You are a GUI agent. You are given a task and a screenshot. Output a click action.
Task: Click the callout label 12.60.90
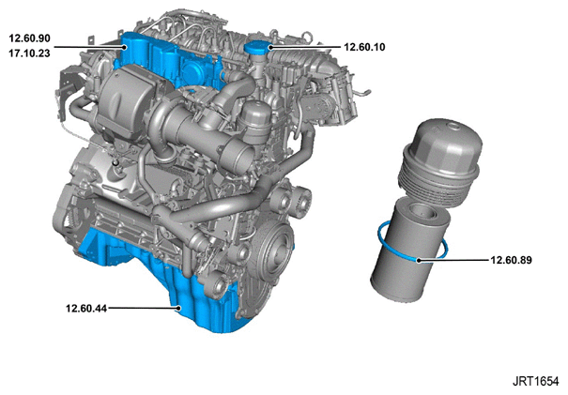(x=29, y=38)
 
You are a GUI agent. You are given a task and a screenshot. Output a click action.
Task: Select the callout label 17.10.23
(x=29, y=53)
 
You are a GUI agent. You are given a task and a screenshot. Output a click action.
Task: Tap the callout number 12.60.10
(x=364, y=47)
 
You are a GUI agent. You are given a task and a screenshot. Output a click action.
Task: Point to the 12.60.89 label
(x=511, y=260)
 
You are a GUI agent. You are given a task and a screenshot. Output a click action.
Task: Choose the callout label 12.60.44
(x=86, y=309)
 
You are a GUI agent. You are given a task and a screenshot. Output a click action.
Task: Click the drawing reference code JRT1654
(x=535, y=381)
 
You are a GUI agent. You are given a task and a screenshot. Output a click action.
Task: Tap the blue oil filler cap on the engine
(x=258, y=48)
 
